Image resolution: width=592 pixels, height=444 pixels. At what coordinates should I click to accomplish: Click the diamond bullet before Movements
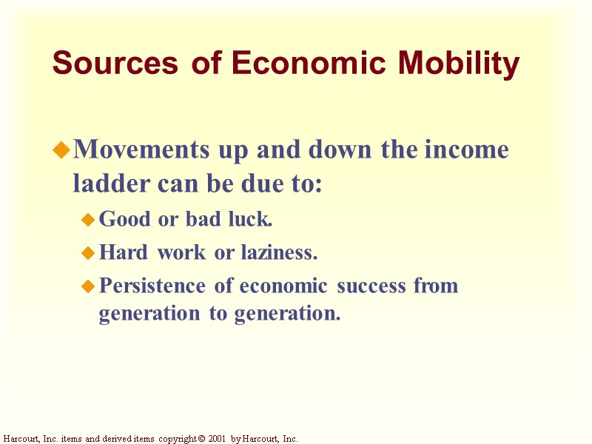(x=61, y=151)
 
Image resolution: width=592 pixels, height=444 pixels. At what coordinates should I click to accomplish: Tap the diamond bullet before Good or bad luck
(x=87, y=220)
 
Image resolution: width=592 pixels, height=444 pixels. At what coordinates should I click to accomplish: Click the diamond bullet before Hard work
(x=87, y=254)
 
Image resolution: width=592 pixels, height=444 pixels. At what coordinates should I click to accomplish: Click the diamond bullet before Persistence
(x=87, y=286)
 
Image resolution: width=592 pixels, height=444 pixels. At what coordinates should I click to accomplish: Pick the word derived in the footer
(x=113, y=439)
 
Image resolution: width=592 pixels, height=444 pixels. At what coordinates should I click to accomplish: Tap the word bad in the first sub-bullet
(x=199, y=219)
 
